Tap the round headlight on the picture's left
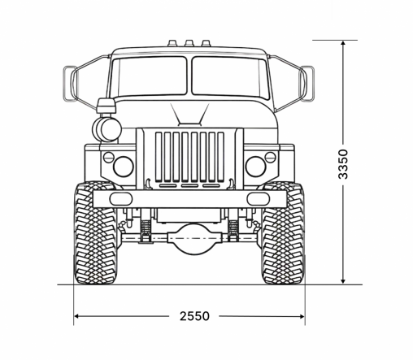(123, 167)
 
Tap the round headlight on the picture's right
(256, 167)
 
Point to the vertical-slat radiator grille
(189, 156)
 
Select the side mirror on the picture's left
(69, 81)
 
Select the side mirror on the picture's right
(309, 81)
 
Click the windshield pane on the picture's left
(150, 78)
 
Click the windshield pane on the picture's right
(228, 78)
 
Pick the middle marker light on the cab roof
(189, 43)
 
